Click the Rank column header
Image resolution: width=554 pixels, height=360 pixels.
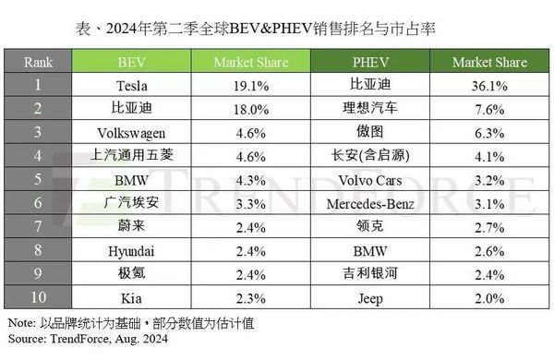point(39,62)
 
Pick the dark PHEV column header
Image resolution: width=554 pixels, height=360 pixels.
point(369,62)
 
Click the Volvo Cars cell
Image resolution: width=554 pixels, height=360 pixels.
point(369,177)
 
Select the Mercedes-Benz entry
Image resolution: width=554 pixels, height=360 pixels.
point(369,201)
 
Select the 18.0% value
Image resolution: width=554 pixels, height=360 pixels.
point(250,108)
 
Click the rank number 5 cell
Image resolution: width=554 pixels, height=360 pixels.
point(39,177)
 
